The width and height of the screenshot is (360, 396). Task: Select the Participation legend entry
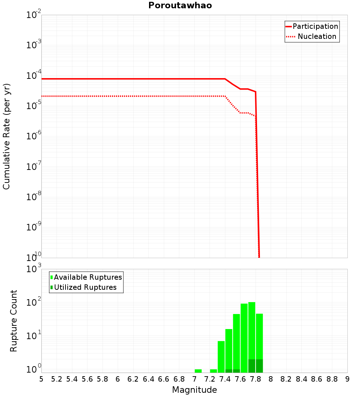coord(315,26)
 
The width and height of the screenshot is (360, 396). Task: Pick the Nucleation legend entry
coord(317,36)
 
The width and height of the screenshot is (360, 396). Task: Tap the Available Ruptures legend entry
coord(88,277)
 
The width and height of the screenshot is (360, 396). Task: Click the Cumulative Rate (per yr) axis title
coord(6,136)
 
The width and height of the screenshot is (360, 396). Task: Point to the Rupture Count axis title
coord(14,321)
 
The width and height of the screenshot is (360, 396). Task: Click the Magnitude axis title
coord(194,390)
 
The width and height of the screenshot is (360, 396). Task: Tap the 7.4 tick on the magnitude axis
coord(225,379)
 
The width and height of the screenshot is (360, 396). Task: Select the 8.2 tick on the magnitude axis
coord(286,379)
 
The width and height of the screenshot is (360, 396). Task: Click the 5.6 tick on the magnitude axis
coord(87,379)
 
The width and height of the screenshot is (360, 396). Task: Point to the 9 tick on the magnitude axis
coord(347,379)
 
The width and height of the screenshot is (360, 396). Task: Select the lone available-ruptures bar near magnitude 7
coord(198,371)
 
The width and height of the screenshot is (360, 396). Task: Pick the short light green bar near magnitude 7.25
coord(213,371)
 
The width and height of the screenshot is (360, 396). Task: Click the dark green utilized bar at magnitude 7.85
coord(259,366)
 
